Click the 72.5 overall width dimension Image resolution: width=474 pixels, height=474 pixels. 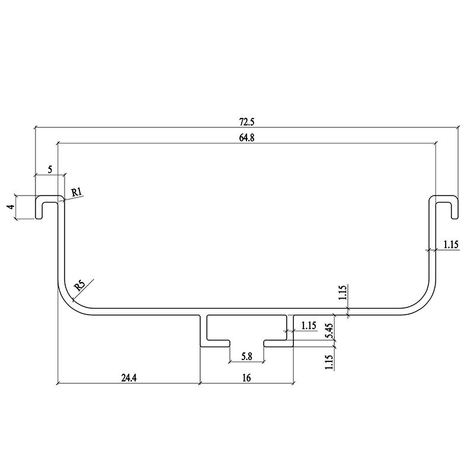247,122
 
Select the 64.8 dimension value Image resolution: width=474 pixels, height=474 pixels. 247,137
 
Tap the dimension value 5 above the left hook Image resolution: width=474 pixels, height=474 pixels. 50,169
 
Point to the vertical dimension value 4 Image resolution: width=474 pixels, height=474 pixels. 11,207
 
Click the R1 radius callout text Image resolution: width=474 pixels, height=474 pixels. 77,192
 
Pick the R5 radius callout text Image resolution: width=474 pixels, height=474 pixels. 80,285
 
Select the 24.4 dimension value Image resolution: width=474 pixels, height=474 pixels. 129,378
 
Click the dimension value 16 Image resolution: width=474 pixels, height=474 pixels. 246,378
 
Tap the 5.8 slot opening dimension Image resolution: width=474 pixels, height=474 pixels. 246,357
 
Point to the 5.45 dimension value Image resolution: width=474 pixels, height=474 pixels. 330,331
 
